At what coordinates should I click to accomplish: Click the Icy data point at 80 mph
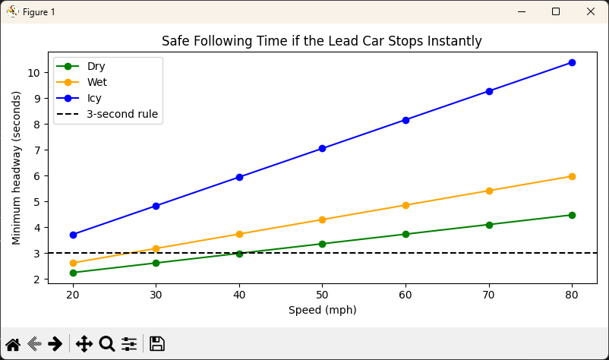572,62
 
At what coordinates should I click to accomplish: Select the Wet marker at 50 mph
322,219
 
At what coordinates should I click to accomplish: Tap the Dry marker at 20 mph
72,273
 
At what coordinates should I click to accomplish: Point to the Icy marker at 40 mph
239,177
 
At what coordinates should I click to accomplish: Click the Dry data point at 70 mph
489,225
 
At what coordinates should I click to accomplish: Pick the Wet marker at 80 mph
572,176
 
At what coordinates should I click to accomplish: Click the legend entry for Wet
96,82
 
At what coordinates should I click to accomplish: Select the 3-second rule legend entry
121,115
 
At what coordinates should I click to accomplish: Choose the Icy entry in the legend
94,98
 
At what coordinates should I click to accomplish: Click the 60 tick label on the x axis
405,295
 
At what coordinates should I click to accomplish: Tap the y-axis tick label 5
38,202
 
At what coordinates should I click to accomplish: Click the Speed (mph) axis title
322,310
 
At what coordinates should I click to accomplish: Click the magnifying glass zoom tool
107,344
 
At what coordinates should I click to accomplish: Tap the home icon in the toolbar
13,344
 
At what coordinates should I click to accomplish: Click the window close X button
591,11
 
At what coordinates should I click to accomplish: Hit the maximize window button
556,11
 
